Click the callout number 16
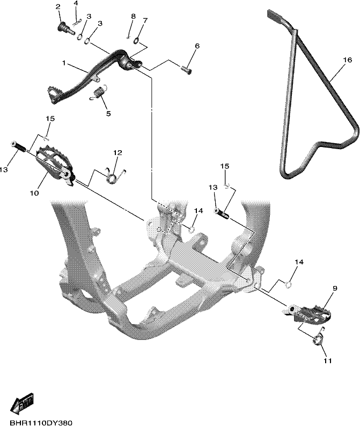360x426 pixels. [x=348, y=60]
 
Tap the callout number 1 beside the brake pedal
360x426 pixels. [x=64, y=63]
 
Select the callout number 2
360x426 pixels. [x=57, y=7]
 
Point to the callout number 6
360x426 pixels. [x=197, y=46]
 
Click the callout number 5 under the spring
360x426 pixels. [x=108, y=113]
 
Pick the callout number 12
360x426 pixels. [x=117, y=153]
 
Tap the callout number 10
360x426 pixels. [x=34, y=193]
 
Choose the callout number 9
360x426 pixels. [x=335, y=288]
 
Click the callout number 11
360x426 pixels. [x=328, y=361]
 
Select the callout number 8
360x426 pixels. [x=133, y=16]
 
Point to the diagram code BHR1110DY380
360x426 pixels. [x=41, y=423]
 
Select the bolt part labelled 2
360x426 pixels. [x=66, y=27]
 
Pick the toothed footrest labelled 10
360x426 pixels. [x=55, y=166]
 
